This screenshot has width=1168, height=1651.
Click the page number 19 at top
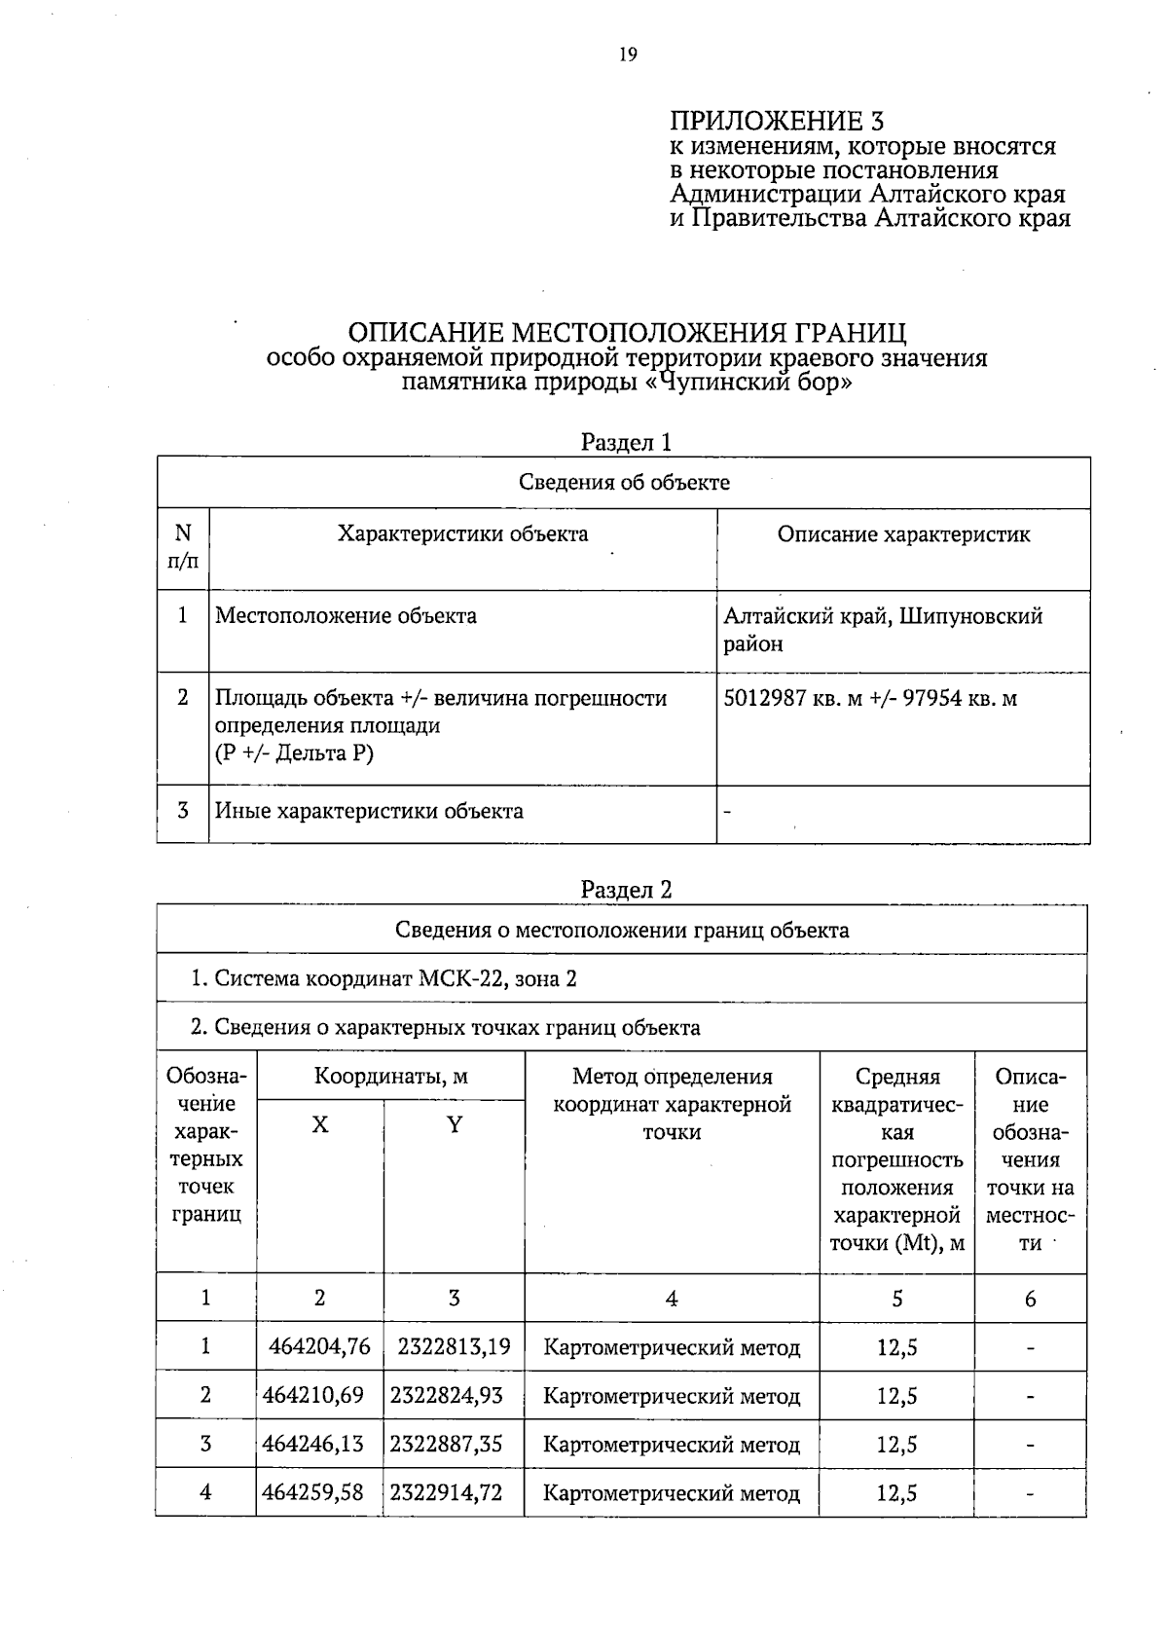(x=628, y=55)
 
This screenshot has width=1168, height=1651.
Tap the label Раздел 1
(x=626, y=443)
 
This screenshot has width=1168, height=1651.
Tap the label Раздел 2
(x=626, y=890)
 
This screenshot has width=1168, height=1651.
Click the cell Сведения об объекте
(x=624, y=483)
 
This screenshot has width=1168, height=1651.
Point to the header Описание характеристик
(x=903, y=534)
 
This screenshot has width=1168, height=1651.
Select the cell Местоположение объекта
(x=346, y=616)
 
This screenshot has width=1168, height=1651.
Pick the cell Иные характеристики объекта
(x=369, y=812)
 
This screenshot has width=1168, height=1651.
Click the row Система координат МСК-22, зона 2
(x=384, y=978)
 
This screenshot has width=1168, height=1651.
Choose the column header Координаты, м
(x=390, y=1077)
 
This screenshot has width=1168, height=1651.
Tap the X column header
(x=320, y=1125)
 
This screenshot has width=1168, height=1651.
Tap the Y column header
(x=454, y=1125)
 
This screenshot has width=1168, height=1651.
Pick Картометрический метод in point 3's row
(x=672, y=1445)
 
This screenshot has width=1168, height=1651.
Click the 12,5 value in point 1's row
(x=896, y=1347)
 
